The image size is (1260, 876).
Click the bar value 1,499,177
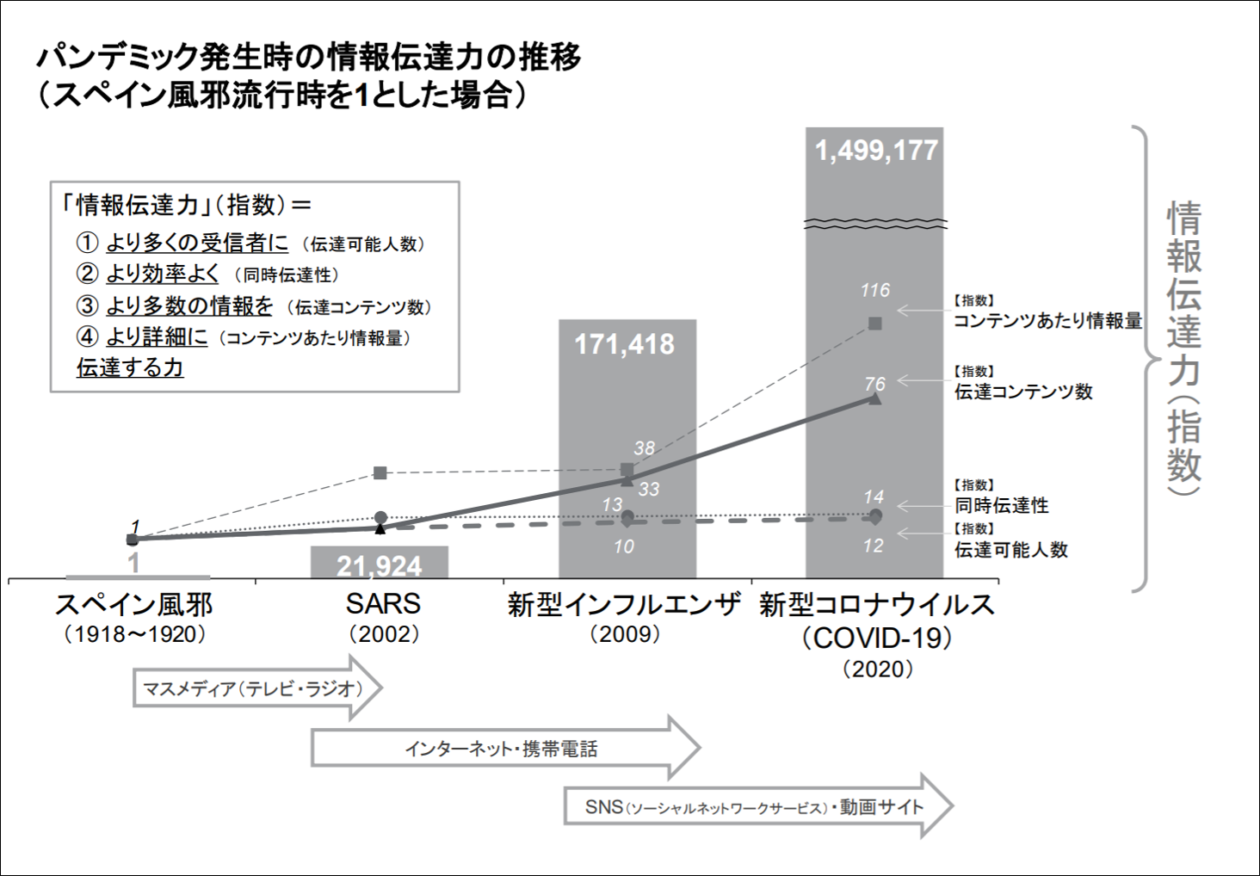875,151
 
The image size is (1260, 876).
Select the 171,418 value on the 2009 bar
625,344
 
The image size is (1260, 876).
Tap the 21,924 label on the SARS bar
379,565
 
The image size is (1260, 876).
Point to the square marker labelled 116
875,324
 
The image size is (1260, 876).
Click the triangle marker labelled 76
875,398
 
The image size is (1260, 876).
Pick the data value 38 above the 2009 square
644,448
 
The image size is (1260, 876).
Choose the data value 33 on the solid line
649,490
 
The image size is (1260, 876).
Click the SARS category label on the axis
383,604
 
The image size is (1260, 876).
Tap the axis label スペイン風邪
134,604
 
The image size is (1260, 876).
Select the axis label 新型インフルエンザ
624,604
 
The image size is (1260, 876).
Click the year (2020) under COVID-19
877,669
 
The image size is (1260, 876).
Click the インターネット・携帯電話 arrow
503,749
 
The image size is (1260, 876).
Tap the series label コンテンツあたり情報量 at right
1047,321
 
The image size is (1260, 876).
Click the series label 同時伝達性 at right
1002,505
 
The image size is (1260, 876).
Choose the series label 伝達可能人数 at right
1010,550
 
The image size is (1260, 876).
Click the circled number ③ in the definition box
88,305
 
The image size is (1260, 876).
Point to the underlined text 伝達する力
130,367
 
